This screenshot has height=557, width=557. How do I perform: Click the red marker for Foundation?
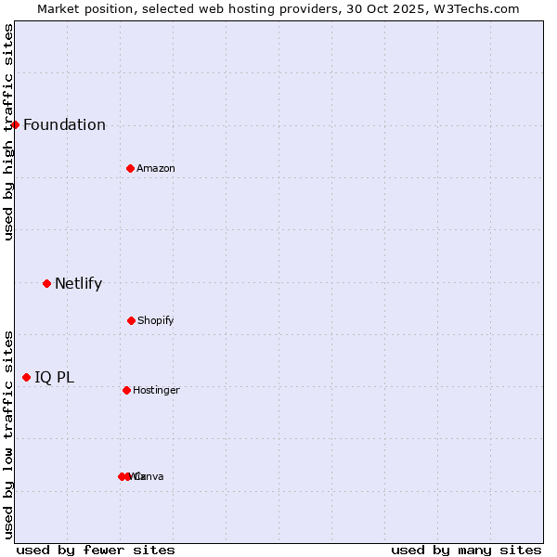pos(15,124)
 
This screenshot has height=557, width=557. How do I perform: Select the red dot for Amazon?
pos(130,168)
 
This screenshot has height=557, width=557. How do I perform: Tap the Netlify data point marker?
pos(46,283)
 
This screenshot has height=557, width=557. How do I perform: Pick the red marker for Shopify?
pos(131,320)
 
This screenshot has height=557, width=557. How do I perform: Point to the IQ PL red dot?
pos(26,377)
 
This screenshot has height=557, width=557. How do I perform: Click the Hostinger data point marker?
pos(126,390)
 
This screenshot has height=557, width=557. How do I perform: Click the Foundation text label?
pos(64,125)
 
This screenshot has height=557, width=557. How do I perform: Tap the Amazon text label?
pos(156,169)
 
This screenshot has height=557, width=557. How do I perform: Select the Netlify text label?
pos(78,284)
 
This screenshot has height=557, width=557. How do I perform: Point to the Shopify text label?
pos(156,321)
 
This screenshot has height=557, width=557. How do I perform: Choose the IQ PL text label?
pos(54,378)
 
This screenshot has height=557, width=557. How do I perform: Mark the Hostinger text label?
pos(156,391)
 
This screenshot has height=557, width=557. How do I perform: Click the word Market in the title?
pos(59,8)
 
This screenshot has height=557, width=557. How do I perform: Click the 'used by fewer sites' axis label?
pos(96,550)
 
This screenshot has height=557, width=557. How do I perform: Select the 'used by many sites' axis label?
pos(466,550)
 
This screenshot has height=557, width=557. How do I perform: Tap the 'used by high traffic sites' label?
pos(8,132)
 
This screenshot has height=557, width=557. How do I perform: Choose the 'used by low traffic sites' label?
pos(8,434)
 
